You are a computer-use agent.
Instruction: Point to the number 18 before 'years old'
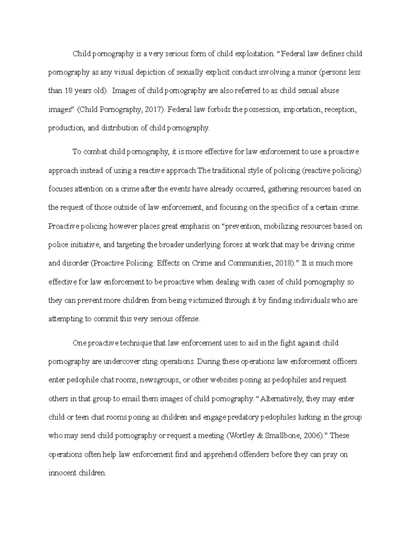click(x=68, y=91)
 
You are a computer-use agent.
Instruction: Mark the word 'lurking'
click(x=314, y=417)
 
